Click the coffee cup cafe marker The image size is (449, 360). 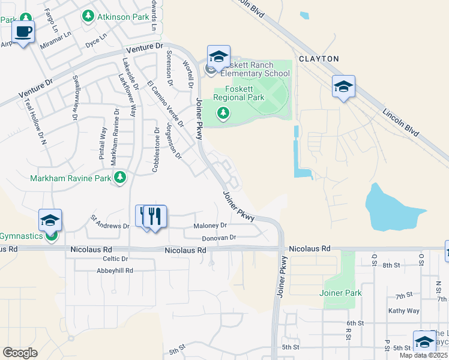(23, 32)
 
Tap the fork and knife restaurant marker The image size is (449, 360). (155, 217)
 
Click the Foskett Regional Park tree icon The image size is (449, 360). (223, 112)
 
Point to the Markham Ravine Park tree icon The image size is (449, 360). (120, 177)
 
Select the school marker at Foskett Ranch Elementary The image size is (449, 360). (218, 57)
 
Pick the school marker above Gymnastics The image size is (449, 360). (50, 220)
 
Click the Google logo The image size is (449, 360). (20, 352)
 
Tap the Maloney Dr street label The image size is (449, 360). (210, 226)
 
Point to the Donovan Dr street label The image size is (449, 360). (218, 238)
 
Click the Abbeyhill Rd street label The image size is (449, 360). (115, 271)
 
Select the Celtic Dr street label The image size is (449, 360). (116, 259)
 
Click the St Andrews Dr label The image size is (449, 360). (110, 221)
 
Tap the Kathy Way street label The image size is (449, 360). (403, 311)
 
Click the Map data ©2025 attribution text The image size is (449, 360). (424, 355)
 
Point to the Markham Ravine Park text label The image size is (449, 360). (71, 178)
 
